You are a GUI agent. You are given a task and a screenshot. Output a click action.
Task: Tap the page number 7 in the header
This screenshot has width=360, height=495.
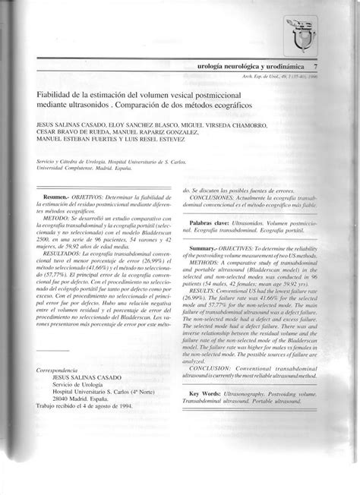[x=325, y=68]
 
